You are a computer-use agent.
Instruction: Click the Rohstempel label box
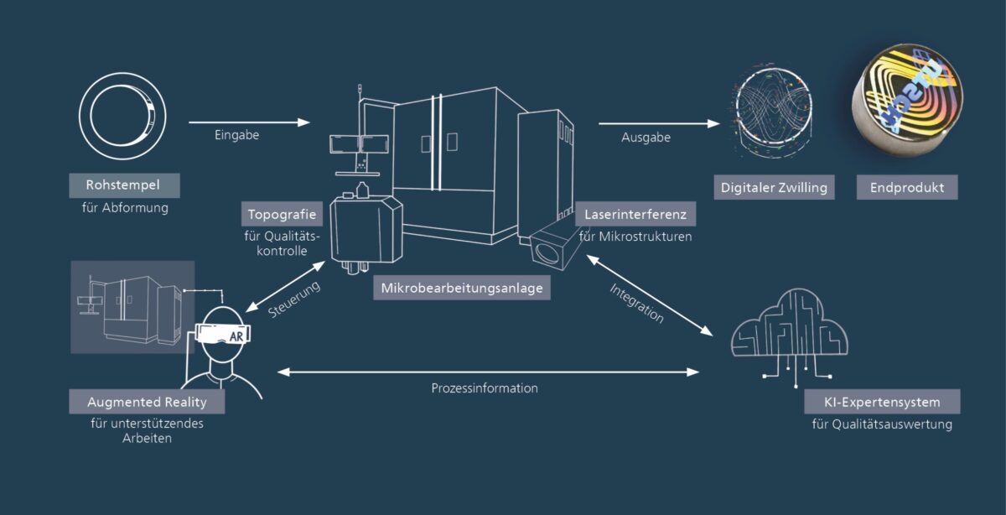click(123, 185)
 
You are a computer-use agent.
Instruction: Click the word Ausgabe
click(646, 138)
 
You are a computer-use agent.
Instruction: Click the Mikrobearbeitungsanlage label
click(462, 288)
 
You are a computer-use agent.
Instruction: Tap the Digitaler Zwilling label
click(774, 188)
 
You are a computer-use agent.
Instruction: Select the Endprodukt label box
click(907, 188)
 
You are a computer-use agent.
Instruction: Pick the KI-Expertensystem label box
click(882, 401)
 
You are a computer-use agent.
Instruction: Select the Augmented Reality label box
click(147, 402)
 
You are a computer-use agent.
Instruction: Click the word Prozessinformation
click(485, 388)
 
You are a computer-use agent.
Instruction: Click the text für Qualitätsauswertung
click(882, 424)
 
